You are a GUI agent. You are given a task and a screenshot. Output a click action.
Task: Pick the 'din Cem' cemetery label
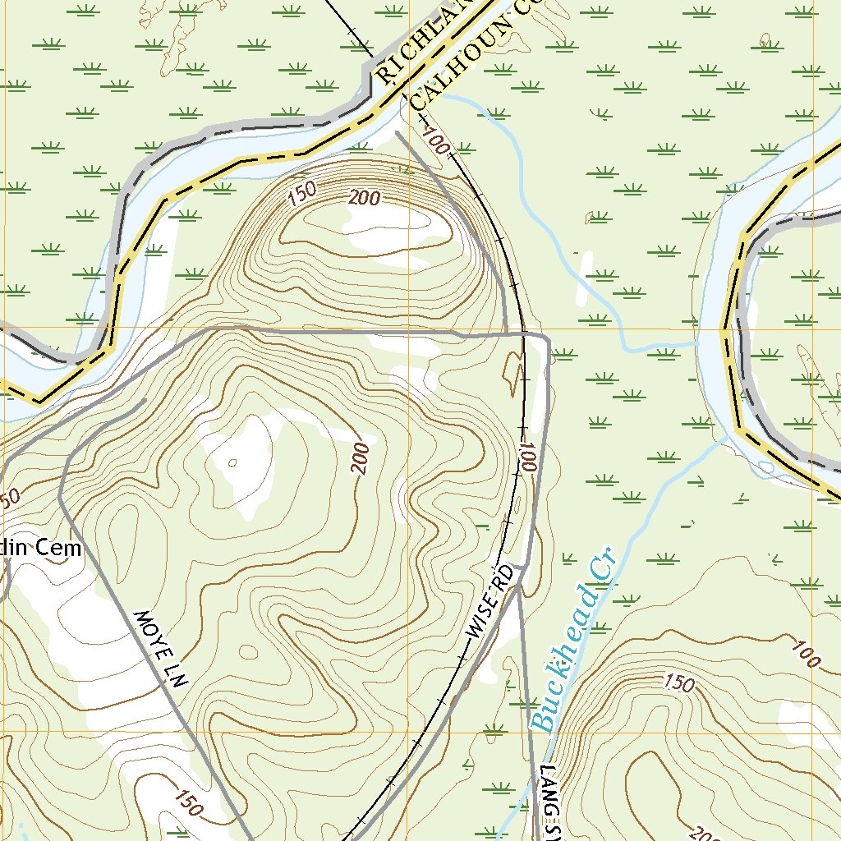coord(41,549)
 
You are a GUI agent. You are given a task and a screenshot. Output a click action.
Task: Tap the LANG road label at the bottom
coord(550,801)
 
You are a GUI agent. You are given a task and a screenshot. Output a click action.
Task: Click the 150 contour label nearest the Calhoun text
coord(301,193)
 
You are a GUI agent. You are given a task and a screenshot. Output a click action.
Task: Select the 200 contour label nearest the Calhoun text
coord(364,198)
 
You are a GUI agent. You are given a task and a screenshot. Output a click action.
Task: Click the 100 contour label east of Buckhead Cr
coord(807,654)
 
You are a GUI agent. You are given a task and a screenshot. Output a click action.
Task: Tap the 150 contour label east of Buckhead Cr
coord(678,682)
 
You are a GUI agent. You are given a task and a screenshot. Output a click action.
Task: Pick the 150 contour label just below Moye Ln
coord(188,802)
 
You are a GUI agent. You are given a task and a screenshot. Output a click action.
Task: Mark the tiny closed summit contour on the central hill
coord(232,462)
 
